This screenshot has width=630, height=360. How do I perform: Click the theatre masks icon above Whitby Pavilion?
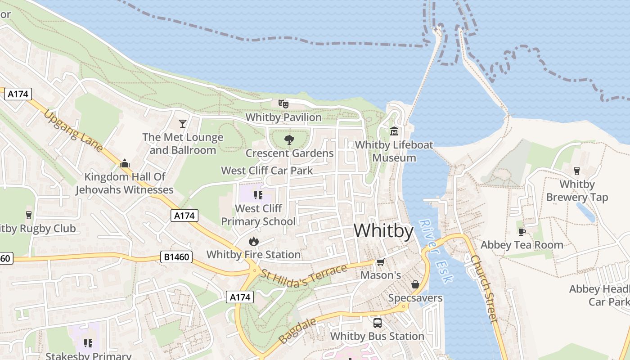[x=283, y=104]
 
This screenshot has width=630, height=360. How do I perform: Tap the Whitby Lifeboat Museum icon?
[x=394, y=131]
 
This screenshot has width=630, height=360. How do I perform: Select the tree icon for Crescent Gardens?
[x=289, y=140]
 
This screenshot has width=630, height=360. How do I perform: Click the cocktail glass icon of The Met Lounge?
[x=183, y=123]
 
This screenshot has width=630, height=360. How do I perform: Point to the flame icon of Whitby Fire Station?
[x=253, y=241]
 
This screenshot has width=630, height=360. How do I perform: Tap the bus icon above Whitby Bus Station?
[x=377, y=323]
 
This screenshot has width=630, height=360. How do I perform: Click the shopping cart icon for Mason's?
[x=380, y=262]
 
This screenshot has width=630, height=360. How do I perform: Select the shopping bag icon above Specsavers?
[x=415, y=284]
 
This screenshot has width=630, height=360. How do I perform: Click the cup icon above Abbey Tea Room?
[x=522, y=232]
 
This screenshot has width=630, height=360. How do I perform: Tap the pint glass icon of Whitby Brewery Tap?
[x=576, y=171]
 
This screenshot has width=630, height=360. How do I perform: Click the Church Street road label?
[x=485, y=288]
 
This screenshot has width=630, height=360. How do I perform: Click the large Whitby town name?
[x=383, y=231]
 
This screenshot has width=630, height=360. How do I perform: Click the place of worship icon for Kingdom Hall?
[x=125, y=163]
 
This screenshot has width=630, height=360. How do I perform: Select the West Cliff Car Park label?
[x=267, y=171]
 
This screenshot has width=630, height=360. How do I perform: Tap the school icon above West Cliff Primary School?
[x=258, y=195]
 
